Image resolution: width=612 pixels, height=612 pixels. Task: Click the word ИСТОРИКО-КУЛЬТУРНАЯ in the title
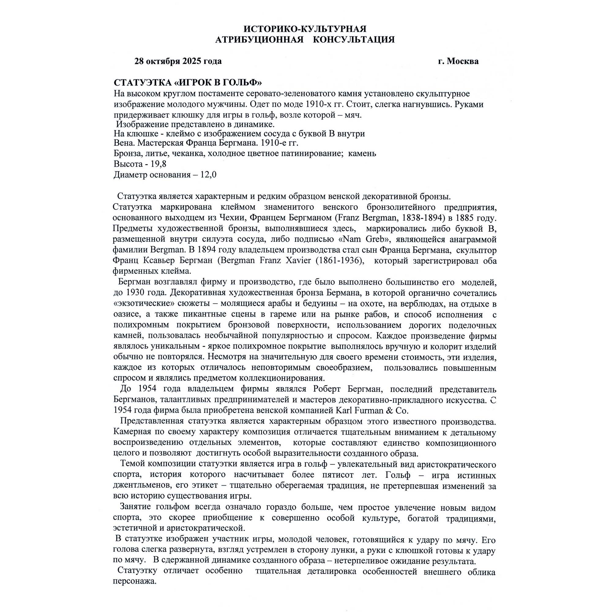pyautogui.click(x=305, y=29)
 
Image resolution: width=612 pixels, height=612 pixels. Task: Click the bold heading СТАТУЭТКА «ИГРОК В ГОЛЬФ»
pyautogui.click(x=188, y=83)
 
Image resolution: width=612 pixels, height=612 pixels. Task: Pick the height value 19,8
pyautogui.click(x=160, y=164)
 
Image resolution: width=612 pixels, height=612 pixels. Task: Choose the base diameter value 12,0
pyautogui.click(x=208, y=174)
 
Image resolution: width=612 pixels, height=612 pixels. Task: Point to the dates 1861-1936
pyautogui.click(x=341, y=261)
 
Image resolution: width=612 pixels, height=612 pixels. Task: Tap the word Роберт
pyautogui.click(x=328, y=389)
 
